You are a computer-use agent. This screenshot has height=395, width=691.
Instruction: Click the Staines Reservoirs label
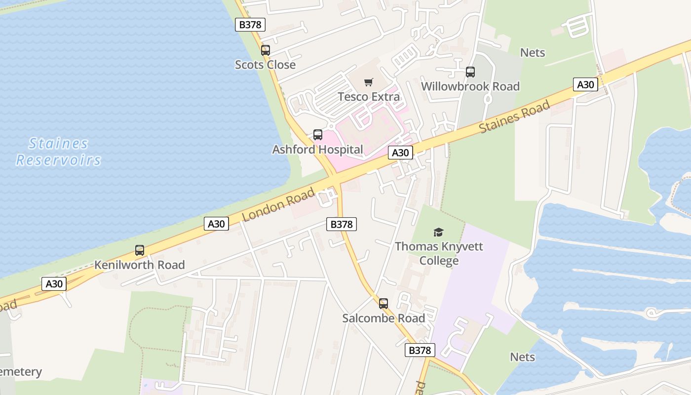(x=59, y=152)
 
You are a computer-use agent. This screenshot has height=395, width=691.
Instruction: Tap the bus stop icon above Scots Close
(x=266, y=50)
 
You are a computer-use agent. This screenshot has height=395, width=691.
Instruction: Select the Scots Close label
(x=265, y=65)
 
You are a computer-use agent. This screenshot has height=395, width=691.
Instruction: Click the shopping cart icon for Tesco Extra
(x=369, y=82)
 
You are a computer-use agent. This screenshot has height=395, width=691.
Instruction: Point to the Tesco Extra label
(x=369, y=96)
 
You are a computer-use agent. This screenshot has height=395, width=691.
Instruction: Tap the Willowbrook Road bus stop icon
(x=470, y=72)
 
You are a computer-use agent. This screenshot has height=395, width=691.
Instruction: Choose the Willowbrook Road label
(x=470, y=86)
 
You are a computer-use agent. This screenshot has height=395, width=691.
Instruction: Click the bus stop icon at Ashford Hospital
(x=318, y=135)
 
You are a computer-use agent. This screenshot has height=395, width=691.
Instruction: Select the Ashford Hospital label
(x=317, y=149)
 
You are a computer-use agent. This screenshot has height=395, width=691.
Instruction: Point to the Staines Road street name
(x=515, y=117)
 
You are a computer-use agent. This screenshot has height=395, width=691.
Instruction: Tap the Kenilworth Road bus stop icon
(x=140, y=250)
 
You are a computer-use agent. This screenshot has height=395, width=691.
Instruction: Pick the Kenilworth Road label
(x=140, y=265)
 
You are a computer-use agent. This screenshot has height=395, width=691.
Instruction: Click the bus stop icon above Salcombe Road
(x=384, y=304)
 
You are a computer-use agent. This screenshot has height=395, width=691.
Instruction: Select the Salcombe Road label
(x=384, y=318)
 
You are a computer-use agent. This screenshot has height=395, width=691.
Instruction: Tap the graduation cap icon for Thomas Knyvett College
(x=438, y=232)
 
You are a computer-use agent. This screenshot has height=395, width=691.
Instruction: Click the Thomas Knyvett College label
(x=439, y=253)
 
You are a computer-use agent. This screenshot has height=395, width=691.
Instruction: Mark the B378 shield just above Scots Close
(x=250, y=25)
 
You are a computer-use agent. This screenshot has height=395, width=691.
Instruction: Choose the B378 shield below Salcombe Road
(x=420, y=350)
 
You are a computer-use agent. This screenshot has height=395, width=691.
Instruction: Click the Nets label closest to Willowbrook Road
(x=533, y=52)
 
